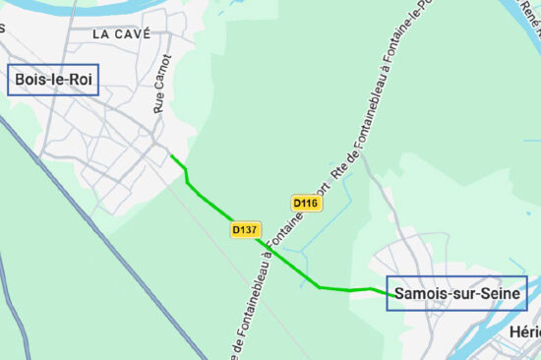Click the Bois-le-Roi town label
click(x=53, y=81)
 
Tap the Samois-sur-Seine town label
click(x=457, y=293)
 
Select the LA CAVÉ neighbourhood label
click(x=121, y=33)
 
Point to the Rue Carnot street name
click(x=162, y=83)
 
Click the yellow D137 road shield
click(x=245, y=230)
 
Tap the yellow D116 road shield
click(x=306, y=204)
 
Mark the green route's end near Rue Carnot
click(x=171, y=155)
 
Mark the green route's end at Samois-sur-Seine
click(x=387, y=291)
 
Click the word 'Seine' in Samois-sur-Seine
click(x=502, y=293)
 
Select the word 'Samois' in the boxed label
click(x=420, y=293)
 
